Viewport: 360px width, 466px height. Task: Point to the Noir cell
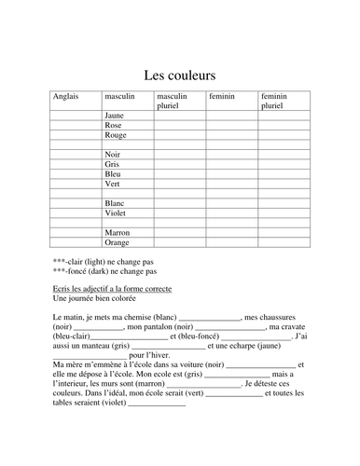[114, 155]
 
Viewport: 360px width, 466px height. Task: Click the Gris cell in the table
[113, 164]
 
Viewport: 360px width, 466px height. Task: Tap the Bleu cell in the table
[113, 173]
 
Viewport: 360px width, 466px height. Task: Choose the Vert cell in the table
[113, 184]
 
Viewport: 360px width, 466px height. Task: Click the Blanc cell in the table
[115, 203]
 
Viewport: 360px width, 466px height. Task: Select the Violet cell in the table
[116, 212]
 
